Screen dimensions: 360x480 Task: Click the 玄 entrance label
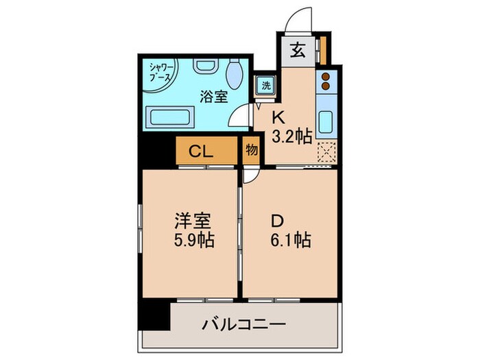click(x=297, y=49)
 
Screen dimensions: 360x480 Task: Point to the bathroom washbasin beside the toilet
click(x=204, y=67)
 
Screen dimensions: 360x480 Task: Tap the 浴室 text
click(x=213, y=97)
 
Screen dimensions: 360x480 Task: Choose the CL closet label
click(x=200, y=151)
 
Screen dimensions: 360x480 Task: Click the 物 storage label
click(x=251, y=150)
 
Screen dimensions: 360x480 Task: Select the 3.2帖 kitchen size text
click(x=293, y=135)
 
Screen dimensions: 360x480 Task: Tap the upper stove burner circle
click(x=326, y=75)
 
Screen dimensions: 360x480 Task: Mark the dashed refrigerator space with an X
click(x=326, y=151)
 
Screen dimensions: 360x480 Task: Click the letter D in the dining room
click(x=276, y=221)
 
